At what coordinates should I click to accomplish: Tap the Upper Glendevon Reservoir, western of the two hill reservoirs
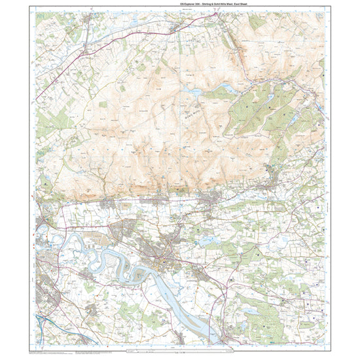194,93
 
